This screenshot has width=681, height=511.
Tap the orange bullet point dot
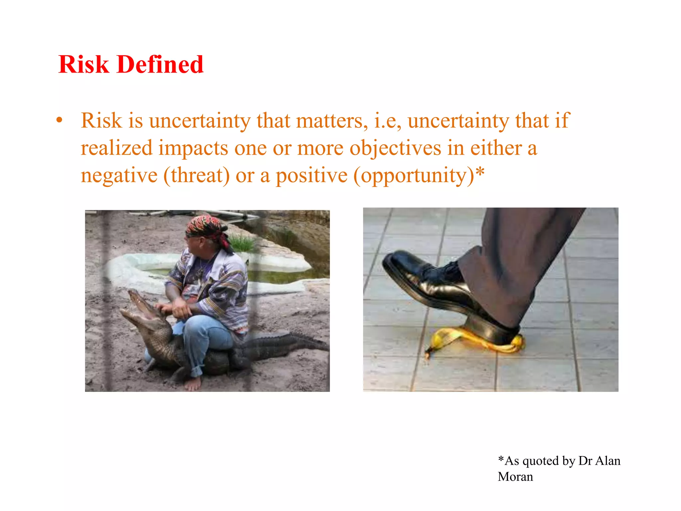[x=59, y=120]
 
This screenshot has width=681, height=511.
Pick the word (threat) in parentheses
[x=197, y=175]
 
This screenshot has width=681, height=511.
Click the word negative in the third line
[x=119, y=175]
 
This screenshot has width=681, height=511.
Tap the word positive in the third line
[x=312, y=175]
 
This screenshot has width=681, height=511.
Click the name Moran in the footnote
[x=515, y=477]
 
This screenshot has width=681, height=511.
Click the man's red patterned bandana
[x=206, y=227]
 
